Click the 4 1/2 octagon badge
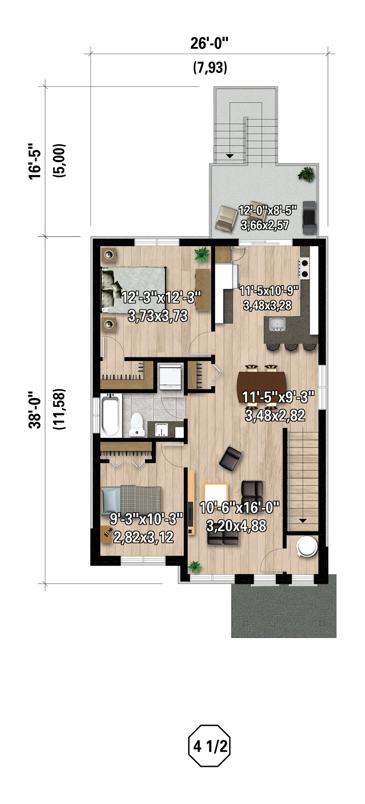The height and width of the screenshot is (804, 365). click(x=209, y=746)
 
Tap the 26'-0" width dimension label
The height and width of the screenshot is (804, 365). click(x=209, y=43)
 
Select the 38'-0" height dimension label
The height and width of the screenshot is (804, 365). click(x=35, y=410)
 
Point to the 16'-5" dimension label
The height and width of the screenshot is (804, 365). click(x=35, y=161)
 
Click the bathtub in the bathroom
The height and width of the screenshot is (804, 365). click(x=110, y=415)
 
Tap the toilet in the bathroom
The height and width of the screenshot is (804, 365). click(x=136, y=425)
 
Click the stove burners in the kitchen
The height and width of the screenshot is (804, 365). click(x=304, y=268)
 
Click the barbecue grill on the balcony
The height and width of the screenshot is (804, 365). click(x=309, y=217)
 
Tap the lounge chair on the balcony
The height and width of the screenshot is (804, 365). click(x=227, y=218)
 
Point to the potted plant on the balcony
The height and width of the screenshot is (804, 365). click(x=306, y=174)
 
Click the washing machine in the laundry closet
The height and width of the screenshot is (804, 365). click(x=171, y=377)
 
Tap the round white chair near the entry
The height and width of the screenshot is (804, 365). click(x=307, y=546)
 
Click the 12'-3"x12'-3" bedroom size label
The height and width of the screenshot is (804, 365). click(x=161, y=297)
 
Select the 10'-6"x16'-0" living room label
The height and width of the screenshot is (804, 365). click(x=240, y=507)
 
